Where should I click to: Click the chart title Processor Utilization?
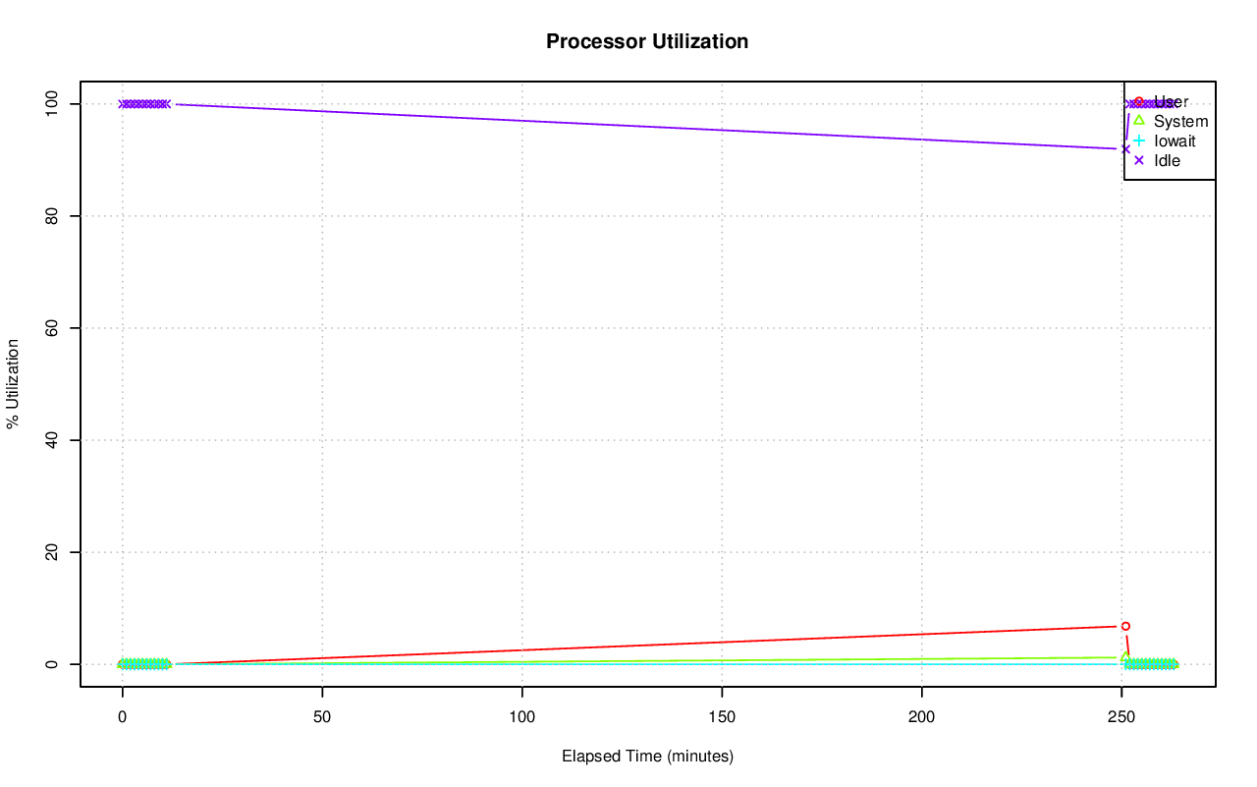(647, 41)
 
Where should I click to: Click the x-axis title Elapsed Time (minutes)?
(647, 757)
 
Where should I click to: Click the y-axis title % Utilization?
(14, 383)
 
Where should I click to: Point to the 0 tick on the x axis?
(122, 717)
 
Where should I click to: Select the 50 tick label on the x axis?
(322, 717)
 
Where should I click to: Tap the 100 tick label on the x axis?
(522, 717)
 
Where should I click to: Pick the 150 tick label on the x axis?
(722, 717)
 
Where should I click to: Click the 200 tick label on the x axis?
(922, 717)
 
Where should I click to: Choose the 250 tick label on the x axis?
(1121, 717)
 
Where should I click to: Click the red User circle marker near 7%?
(1125, 626)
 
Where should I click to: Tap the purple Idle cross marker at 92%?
(1125, 148)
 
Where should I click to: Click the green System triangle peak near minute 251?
(1125, 656)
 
